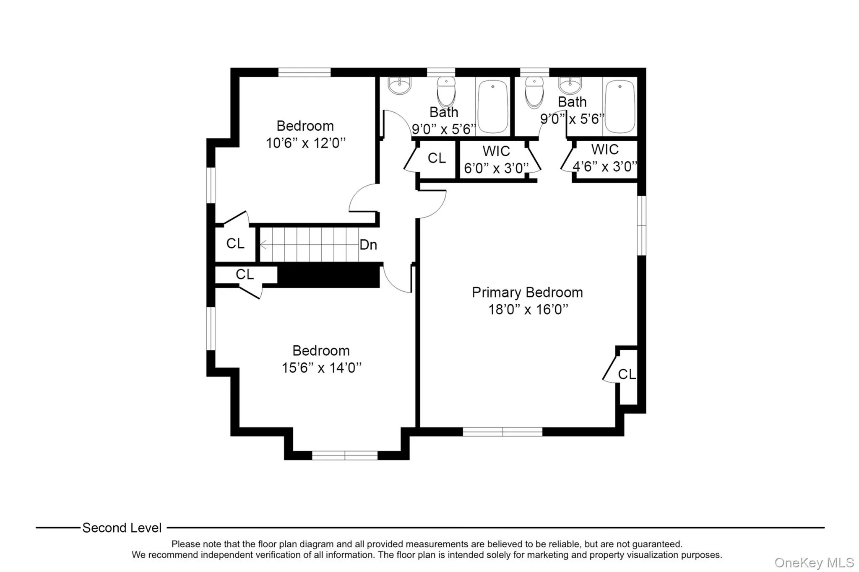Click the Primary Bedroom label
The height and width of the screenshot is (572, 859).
coord(527,292)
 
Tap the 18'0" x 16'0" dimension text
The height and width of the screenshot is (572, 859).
coord(528,310)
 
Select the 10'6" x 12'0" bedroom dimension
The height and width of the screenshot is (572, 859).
coord(306,143)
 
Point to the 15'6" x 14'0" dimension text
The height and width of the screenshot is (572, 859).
coord(321,368)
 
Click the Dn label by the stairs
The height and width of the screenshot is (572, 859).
coord(368,245)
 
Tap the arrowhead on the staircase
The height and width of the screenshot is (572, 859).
coord(263,245)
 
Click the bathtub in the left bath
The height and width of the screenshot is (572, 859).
coord(493,106)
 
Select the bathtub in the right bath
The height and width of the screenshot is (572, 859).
coord(620,106)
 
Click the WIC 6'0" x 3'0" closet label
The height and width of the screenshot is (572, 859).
coord(496,160)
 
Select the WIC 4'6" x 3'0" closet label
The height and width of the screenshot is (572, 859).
coord(605,158)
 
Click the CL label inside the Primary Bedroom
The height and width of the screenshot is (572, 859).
coord(627,374)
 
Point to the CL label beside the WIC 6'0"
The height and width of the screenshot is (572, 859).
coord(437,158)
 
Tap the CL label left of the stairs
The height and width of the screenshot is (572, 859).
coord(235,243)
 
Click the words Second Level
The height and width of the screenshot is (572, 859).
coord(122,528)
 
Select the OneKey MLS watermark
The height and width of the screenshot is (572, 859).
coord(814,562)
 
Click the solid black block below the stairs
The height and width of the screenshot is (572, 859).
coord(329,276)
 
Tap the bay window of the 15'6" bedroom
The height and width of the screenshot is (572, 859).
coord(345,456)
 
